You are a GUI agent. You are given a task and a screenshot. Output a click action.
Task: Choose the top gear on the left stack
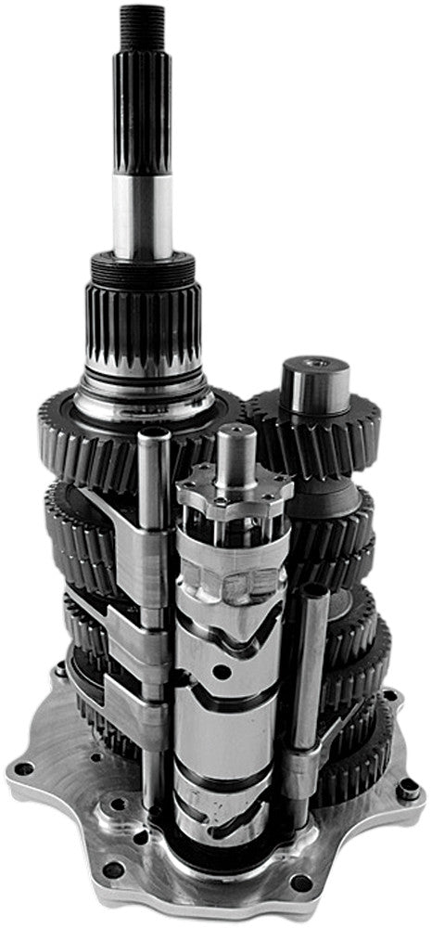93,436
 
